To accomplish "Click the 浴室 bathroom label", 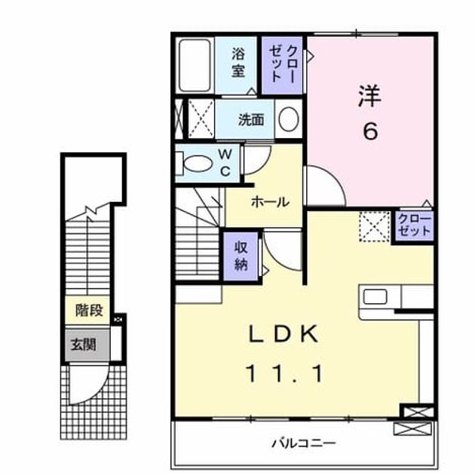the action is tap(238, 63).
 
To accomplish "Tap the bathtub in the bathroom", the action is tap(195, 66).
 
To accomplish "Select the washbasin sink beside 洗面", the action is tap(288, 119).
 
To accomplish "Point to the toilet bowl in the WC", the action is tap(197, 164).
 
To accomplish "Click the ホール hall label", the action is tap(271, 202).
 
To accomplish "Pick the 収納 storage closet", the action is tap(241, 256).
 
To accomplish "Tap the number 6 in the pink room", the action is tap(370, 132).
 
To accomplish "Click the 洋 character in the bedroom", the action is tap(369, 96).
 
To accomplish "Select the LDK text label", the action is tap(283, 333).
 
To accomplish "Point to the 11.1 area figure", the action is tap(285, 373).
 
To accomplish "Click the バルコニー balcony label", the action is tap(304, 444).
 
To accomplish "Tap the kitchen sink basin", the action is tap(375, 296).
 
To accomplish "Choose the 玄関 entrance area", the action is tap(87, 345).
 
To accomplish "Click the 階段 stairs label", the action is tap(89, 310).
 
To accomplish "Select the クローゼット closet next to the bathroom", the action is tap(282, 66).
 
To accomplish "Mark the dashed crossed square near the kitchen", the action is tap(375, 227).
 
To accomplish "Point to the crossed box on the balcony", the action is tap(412, 429).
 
